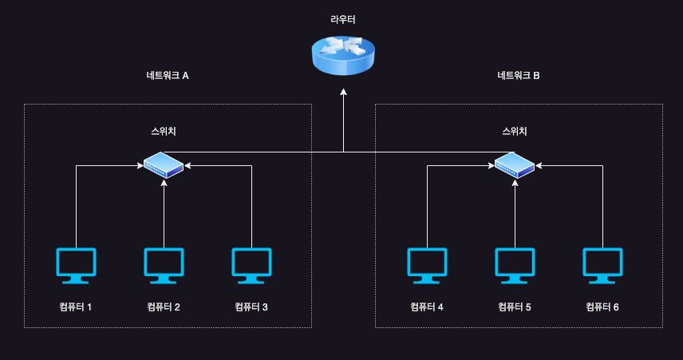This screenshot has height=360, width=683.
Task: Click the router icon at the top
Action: pyautogui.click(x=343, y=55)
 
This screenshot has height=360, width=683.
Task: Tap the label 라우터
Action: pyautogui.click(x=343, y=18)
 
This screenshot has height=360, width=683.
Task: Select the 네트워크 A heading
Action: pyautogui.click(x=168, y=76)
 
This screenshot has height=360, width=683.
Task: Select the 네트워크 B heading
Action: pyautogui.click(x=519, y=76)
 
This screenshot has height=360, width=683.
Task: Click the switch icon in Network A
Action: pyautogui.click(x=164, y=165)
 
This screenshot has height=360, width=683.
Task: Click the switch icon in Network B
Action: pyautogui.click(x=515, y=165)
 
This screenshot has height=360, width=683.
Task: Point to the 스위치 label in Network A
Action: pyautogui.click(x=164, y=131)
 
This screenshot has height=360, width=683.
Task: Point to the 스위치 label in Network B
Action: pyautogui.click(x=515, y=131)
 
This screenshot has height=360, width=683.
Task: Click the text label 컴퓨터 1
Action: pyautogui.click(x=76, y=307)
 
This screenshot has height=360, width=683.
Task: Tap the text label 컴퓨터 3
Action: pyautogui.click(x=251, y=307)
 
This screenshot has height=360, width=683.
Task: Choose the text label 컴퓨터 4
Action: pyautogui.click(x=427, y=307)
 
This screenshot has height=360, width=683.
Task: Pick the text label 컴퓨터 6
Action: pyautogui.click(x=602, y=307)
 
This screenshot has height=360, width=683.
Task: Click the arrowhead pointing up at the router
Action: pyautogui.click(x=343, y=93)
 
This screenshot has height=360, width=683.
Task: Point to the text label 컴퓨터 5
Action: pyautogui.click(x=515, y=307)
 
